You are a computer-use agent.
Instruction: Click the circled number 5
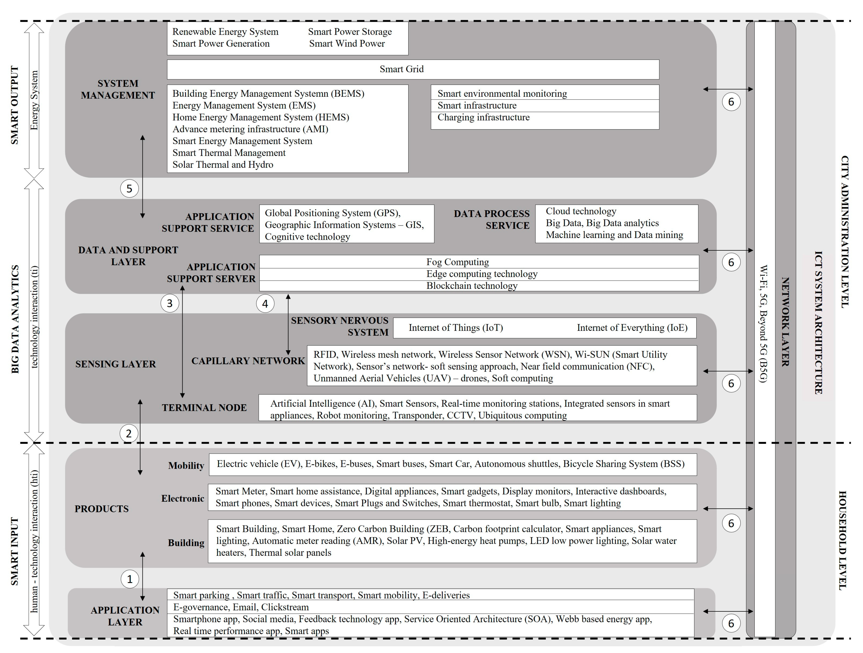(x=129, y=189)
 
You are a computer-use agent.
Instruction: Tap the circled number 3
(x=169, y=303)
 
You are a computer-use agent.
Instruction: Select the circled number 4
(x=265, y=304)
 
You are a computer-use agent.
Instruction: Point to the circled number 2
(x=128, y=433)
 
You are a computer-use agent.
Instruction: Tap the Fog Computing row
(x=457, y=262)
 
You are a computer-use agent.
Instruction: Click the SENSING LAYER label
(x=116, y=364)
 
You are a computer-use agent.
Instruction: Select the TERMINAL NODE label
(x=204, y=408)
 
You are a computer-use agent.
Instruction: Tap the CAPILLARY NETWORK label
(x=248, y=361)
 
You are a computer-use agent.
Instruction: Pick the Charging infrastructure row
(x=483, y=117)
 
